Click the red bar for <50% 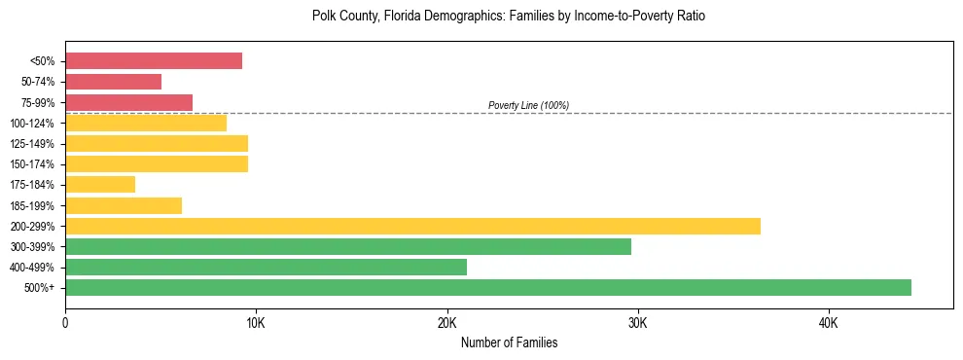click(154, 60)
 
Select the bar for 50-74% click(113, 82)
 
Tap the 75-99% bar click(128, 102)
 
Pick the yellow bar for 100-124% click(146, 123)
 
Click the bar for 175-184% click(100, 184)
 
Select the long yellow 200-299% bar click(412, 226)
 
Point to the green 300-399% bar click(348, 246)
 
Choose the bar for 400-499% click(266, 267)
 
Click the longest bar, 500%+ click(488, 287)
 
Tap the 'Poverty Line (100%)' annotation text click(528, 105)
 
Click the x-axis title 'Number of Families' click(509, 342)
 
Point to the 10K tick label click(256, 322)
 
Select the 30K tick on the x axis click(637, 322)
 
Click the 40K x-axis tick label click(828, 322)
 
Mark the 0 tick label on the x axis click(65, 322)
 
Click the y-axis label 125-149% click(32, 144)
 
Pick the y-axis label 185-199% click(32, 205)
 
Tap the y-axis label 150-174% click(32, 164)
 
